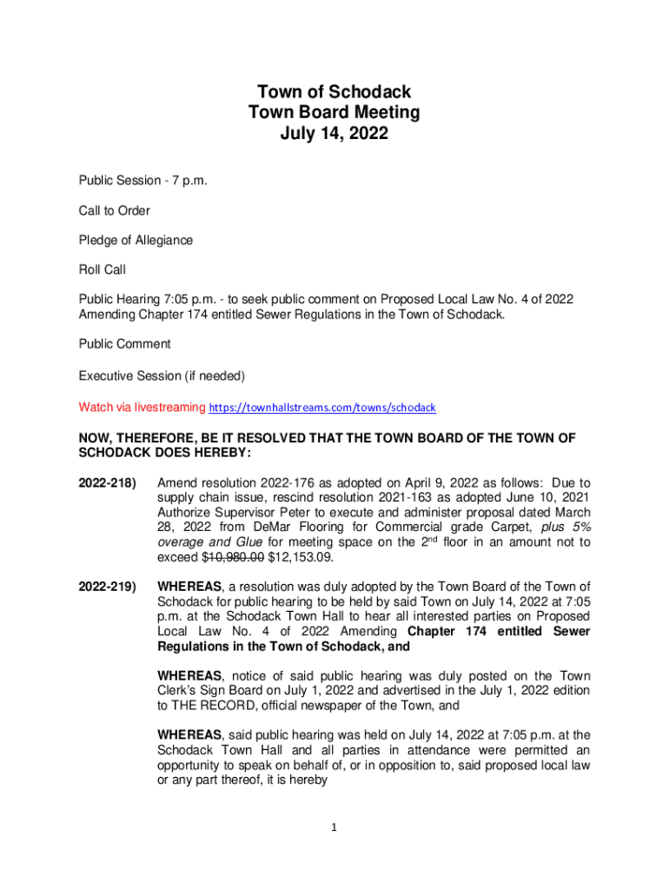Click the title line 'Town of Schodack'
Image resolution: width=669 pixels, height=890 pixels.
[334, 91]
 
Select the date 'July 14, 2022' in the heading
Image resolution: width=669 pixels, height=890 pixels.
[334, 134]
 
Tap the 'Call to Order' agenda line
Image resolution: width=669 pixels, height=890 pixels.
[114, 210]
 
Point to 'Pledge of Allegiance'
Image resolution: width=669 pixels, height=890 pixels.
[136, 240]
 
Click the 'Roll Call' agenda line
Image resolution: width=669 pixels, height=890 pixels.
[103, 269]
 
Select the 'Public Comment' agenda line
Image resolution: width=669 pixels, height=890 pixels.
[124, 343]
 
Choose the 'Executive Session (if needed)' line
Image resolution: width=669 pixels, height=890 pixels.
[162, 376]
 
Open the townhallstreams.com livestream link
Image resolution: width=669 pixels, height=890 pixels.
[322, 407]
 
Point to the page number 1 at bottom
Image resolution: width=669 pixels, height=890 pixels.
[334, 827]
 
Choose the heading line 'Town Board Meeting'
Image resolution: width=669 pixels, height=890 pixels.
[334, 112]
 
